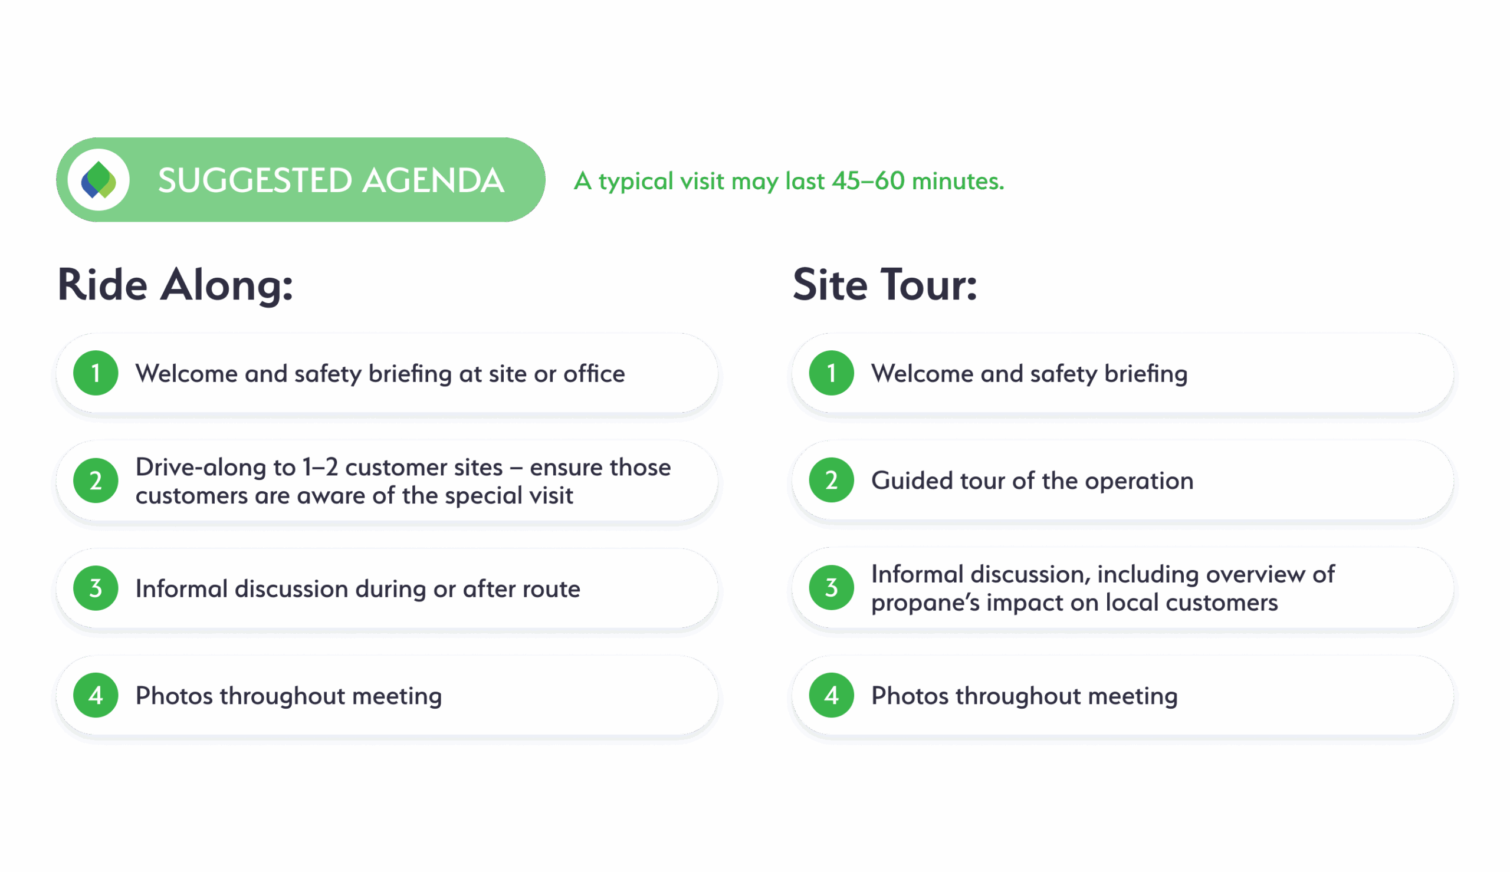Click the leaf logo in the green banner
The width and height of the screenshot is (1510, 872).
(x=99, y=180)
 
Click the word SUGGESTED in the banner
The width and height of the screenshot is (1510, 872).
(x=255, y=180)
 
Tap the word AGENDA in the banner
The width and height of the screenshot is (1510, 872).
(x=433, y=180)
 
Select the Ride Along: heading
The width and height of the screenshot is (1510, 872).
(x=176, y=285)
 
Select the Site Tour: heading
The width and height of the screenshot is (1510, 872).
(x=885, y=285)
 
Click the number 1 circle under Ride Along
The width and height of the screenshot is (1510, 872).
(x=95, y=373)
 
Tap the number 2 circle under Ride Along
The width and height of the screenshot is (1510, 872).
(x=95, y=481)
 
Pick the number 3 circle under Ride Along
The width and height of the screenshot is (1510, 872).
(x=95, y=588)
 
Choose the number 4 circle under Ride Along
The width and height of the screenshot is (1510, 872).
(x=95, y=695)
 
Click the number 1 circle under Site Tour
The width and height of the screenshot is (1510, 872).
(x=830, y=373)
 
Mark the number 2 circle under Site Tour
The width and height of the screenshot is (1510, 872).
(x=830, y=481)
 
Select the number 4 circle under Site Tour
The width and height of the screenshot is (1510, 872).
(x=830, y=695)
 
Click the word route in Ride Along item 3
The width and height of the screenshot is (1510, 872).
(x=551, y=590)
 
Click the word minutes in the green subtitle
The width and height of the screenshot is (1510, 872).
(x=957, y=180)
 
